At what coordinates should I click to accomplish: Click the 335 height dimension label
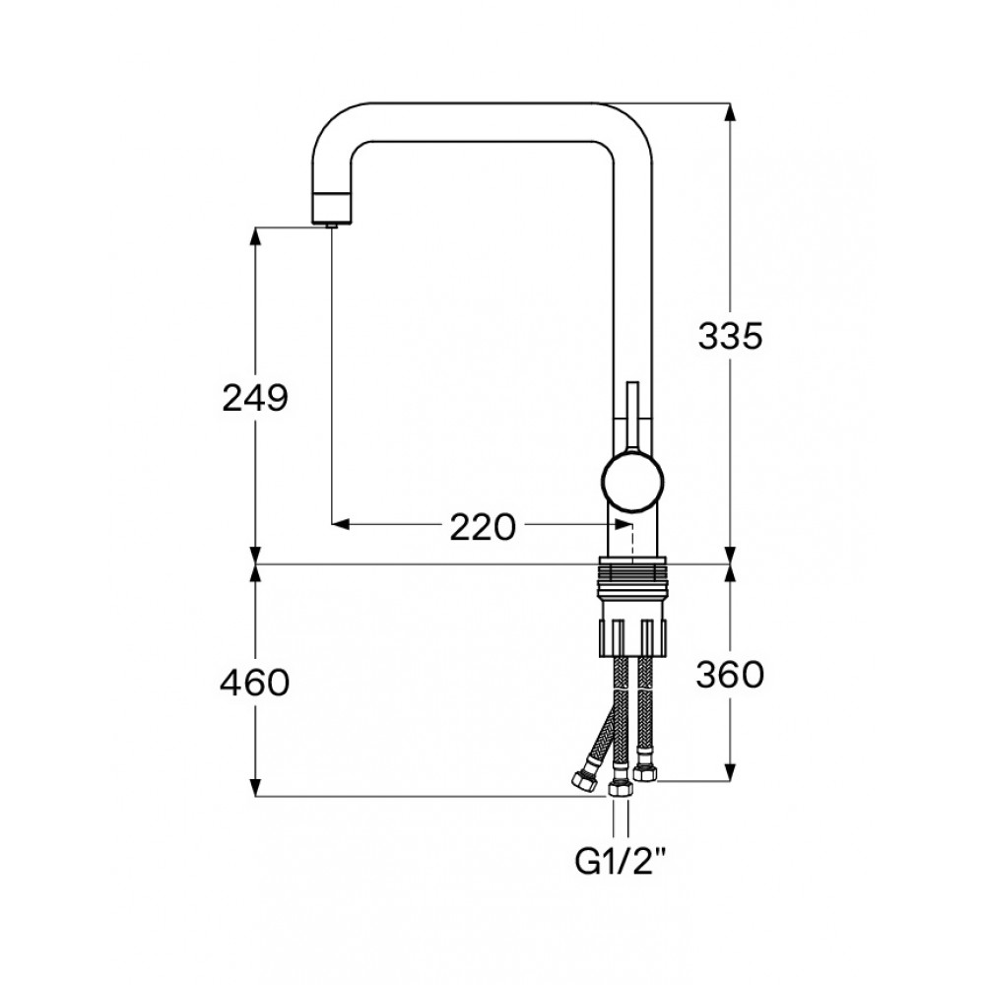pos(731,336)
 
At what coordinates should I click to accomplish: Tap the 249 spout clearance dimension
pos(255,398)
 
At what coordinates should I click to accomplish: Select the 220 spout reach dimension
pos(483,527)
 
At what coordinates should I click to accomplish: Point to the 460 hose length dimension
pos(254,683)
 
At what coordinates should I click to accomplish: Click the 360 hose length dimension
pos(730,676)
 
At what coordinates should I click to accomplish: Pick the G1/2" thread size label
pos(620,863)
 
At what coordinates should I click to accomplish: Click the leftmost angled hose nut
pos(584,779)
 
